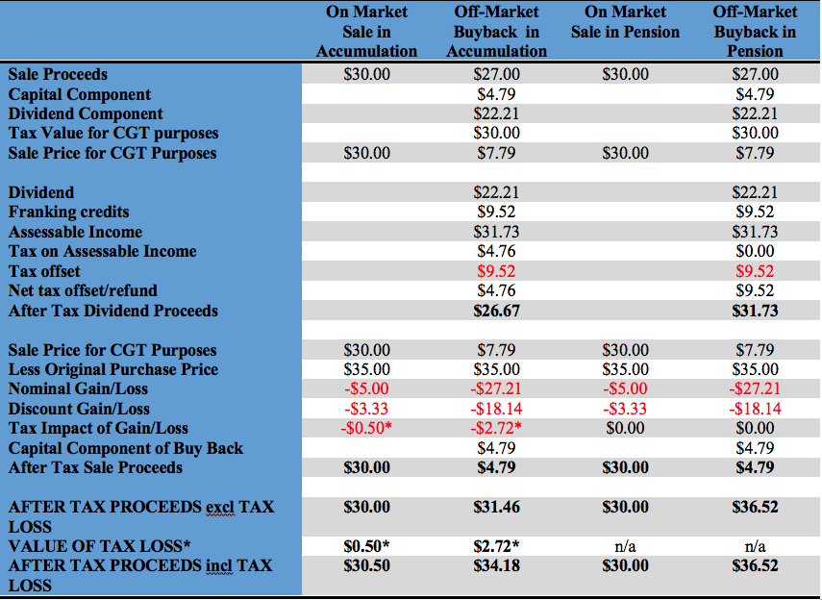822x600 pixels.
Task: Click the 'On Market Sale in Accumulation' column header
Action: (x=366, y=32)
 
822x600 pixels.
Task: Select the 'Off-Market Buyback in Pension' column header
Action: (x=755, y=32)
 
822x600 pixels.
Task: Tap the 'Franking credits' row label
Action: (x=68, y=212)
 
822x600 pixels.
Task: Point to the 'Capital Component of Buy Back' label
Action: (x=126, y=449)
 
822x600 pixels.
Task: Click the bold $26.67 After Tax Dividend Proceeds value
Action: (x=496, y=312)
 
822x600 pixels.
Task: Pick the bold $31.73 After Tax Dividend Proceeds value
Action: (x=755, y=312)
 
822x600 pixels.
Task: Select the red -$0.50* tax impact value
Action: (x=366, y=429)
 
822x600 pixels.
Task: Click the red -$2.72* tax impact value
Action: (x=496, y=429)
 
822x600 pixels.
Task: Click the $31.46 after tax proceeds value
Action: (x=496, y=508)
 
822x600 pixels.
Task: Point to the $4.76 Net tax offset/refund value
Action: (x=496, y=291)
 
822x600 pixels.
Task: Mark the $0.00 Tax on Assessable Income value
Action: (x=755, y=252)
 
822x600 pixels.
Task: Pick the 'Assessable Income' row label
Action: (x=75, y=233)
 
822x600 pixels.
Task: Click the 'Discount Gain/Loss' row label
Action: (x=79, y=410)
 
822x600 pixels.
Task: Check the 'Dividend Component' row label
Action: (x=86, y=114)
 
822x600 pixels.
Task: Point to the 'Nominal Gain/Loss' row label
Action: (x=78, y=389)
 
